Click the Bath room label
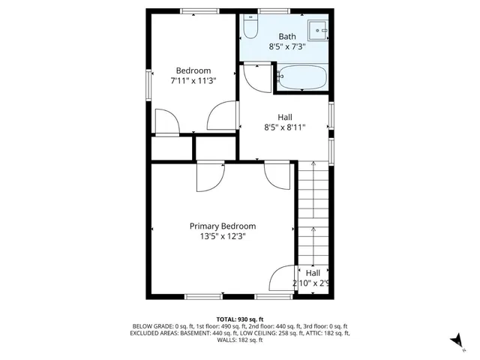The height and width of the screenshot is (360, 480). (287, 36)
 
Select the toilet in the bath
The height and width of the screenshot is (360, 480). (250, 28)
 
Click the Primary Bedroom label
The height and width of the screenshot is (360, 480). (222, 226)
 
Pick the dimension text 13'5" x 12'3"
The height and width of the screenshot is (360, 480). (222, 236)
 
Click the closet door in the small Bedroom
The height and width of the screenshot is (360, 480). (166, 122)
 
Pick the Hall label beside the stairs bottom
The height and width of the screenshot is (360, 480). (313, 273)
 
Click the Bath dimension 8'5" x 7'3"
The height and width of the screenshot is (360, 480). (287, 46)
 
